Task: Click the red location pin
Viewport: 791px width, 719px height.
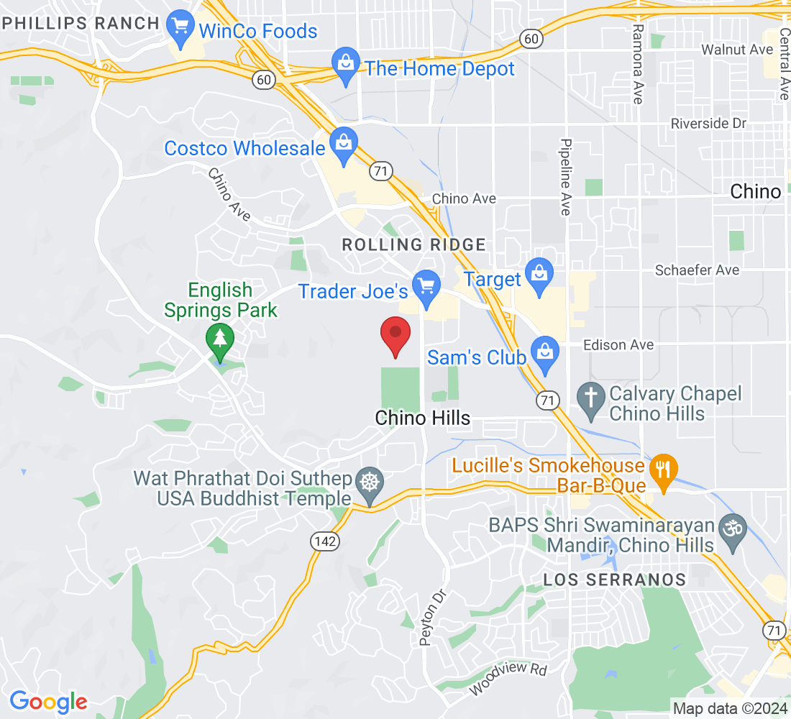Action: coord(395,334)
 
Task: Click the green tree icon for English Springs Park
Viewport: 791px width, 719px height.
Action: coord(219,340)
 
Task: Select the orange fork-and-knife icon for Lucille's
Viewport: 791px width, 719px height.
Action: coord(660,471)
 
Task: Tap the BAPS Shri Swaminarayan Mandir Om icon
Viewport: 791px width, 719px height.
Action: coord(733,532)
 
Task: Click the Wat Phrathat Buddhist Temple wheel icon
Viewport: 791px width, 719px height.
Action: coord(370,484)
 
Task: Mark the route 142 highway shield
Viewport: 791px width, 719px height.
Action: coord(326,541)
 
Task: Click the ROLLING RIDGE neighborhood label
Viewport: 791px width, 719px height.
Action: coord(413,244)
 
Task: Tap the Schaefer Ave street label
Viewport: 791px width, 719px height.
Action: coord(696,270)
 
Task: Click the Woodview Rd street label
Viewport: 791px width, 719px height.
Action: coord(508,679)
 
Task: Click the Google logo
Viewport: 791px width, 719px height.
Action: coord(48,701)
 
